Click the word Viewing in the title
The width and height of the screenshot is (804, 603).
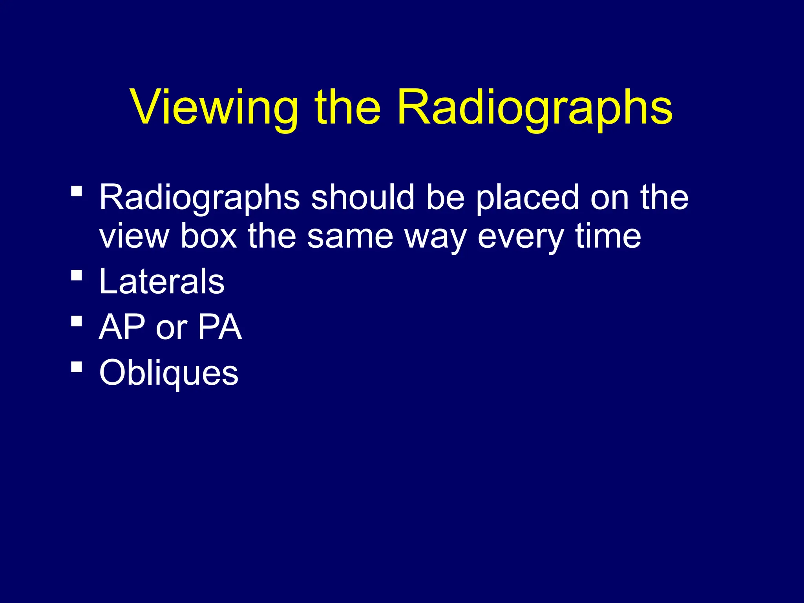(x=214, y=108)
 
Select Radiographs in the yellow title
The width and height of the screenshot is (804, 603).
(x=535, y=108)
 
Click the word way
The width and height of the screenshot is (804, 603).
(x=435, y=237)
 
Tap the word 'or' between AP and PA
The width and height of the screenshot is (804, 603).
(x=171, y=328)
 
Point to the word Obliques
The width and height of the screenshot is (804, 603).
(x=169, y=373)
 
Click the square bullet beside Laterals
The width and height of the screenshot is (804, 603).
(x=77, y=276)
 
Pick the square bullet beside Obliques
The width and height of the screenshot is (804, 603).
(x=77, y=367)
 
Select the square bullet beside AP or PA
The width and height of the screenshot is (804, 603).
(x=77, y=321)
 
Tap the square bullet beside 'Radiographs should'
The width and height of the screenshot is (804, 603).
(x=77, y=191)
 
